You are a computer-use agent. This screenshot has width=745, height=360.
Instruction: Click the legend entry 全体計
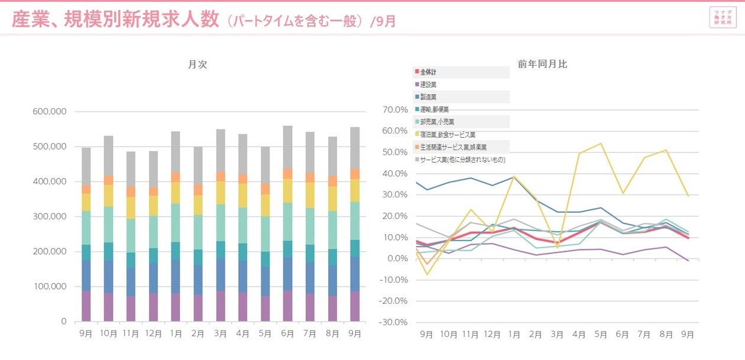pyautogui.click(x=429, y=72)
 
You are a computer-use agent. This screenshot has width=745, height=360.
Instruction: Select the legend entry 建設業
pyautogui.click(x=429, y=85)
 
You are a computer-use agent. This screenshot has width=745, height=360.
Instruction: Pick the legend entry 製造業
pyautogui.click(x=429, y=97)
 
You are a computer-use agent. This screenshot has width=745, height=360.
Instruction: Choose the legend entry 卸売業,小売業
pyautogui.click(x=437, y=122)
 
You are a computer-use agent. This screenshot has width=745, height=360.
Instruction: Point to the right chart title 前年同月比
pyautogui.click(x=542, y=64)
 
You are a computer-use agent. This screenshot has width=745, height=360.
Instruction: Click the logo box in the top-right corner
pyautogui.click(x=723, y=17)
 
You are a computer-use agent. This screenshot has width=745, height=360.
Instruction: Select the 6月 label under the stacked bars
pyautogui.click(x=287, y=334)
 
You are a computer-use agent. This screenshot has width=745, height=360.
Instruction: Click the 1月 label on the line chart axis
pyautogui.click(x=514, y=335)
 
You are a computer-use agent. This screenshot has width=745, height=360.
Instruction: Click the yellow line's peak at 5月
pyautogui.click(x=601, y=143)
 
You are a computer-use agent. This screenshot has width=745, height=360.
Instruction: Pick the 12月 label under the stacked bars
pyautogui.click(x=153, y=334)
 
